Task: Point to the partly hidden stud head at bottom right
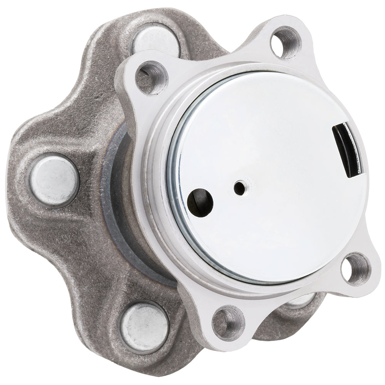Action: point(304,302)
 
